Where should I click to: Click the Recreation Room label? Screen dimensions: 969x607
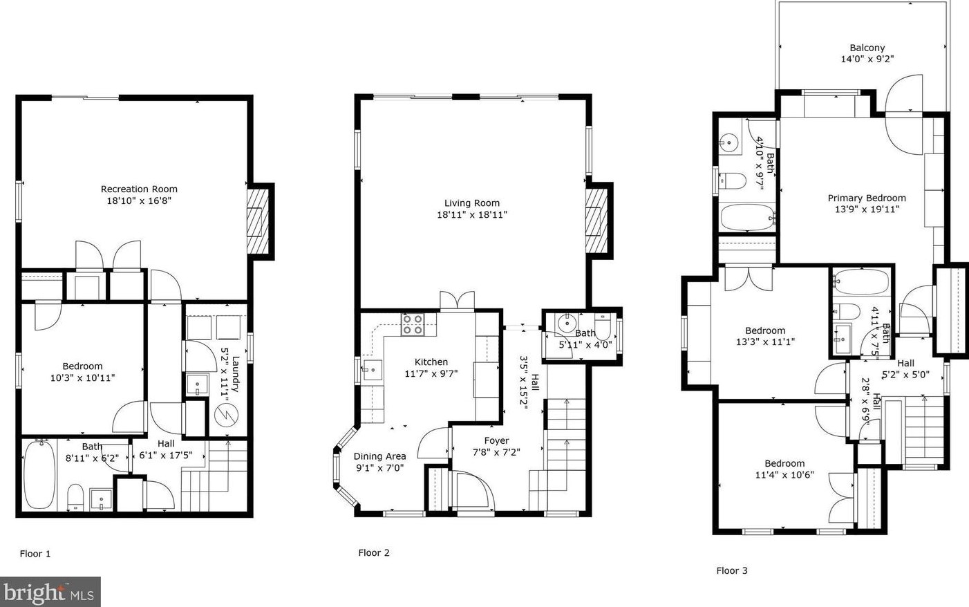click(139, 189)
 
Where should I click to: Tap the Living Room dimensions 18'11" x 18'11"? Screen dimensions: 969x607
click(472, 214)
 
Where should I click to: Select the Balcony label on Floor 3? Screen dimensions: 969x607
click(867, 48)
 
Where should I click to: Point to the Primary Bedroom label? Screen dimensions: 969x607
click(867, 198)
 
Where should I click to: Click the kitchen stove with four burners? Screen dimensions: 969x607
click(412, 324)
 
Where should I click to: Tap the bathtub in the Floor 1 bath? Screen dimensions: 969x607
click(39, 475)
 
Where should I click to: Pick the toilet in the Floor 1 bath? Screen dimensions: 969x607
click(76, 498)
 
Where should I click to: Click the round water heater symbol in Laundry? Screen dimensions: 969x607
click(226, 415)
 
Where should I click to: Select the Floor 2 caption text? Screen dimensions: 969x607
click(374, 552)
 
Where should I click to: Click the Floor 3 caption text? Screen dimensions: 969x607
click(732, 570)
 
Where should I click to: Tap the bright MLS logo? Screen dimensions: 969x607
click(50, 592)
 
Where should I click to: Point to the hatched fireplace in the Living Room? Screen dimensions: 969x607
click(597, 221)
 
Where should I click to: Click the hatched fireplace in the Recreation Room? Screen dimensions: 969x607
click(258, 221)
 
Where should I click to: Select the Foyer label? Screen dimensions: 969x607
click(497, 441)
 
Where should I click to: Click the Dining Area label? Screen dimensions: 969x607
click(380, 456)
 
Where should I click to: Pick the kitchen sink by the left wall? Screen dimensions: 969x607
click(372, 370)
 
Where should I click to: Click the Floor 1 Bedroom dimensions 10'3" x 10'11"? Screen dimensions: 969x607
click(83, 377)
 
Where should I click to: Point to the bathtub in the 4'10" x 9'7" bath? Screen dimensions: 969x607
click(747, 218)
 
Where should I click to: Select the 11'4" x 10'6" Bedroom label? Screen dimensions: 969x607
click(784, 463)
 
